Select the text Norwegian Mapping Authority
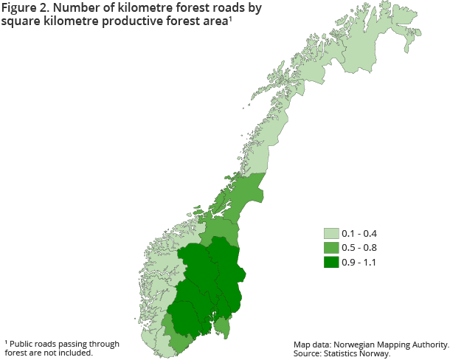[x=392, y=345]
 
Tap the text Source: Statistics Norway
[x=342, y=353]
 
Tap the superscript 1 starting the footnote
[x=6, y=342]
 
